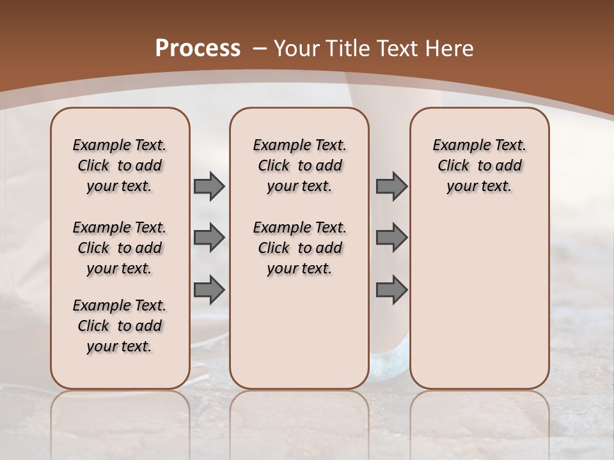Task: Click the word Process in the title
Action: (198, 49)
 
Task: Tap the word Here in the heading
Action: (451, 49)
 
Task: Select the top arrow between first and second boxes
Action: (209, 186)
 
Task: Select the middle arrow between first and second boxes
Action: (209, 238)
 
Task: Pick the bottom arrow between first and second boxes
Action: (209, 289)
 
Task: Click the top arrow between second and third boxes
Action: (391, 186)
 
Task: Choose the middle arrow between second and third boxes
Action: (391, 238)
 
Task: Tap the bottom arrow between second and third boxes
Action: (391, 289)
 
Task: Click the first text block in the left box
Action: (120, 165)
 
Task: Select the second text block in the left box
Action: (120, 248)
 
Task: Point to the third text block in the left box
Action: (120, 326)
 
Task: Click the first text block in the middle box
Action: (300, 165)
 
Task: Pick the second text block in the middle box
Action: (300, 248)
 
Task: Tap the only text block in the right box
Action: (480, 165)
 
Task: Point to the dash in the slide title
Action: (260, 49)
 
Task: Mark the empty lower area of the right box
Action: (480, 294)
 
